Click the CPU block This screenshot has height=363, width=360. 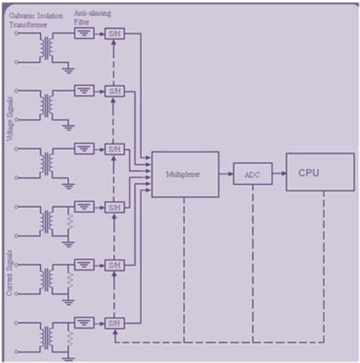point(319,172)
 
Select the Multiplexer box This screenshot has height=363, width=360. point(185,174)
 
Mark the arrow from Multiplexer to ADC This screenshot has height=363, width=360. point(226,175)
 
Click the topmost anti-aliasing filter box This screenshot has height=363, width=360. point(84,33)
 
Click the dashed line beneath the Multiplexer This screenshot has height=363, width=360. point(184,266)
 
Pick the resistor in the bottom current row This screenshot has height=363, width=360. point(71,336)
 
